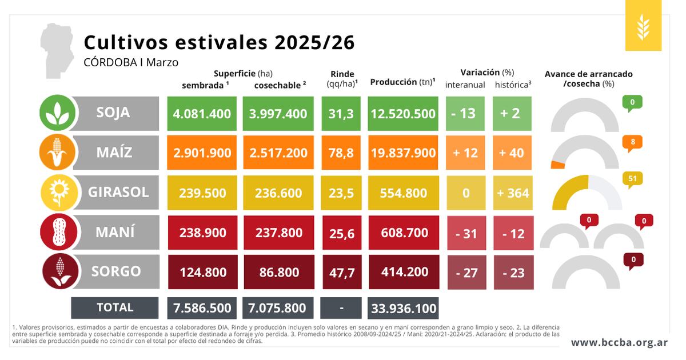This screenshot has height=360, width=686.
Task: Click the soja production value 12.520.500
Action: coord(403,113)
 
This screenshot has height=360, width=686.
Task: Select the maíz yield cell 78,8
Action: coord(341,153)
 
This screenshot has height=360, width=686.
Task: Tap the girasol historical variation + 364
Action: coord(512,193)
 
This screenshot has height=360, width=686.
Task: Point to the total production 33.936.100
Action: coord(403,309)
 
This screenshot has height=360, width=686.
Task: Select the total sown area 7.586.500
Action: coord(202,309)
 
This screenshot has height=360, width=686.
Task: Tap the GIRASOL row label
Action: coord(118,192)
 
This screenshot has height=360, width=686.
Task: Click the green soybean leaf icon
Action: coord(57,112)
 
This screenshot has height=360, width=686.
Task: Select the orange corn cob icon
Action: coord(57,153)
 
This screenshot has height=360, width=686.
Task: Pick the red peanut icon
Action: coord(57,232)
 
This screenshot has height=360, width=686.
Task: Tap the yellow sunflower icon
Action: coord(57,192)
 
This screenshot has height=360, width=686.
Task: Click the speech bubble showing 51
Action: coord(632,178)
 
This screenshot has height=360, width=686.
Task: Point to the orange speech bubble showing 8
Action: coord(632,141)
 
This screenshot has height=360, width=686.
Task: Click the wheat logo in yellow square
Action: coord(643,26)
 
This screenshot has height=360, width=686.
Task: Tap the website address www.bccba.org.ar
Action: coord(619,342)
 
